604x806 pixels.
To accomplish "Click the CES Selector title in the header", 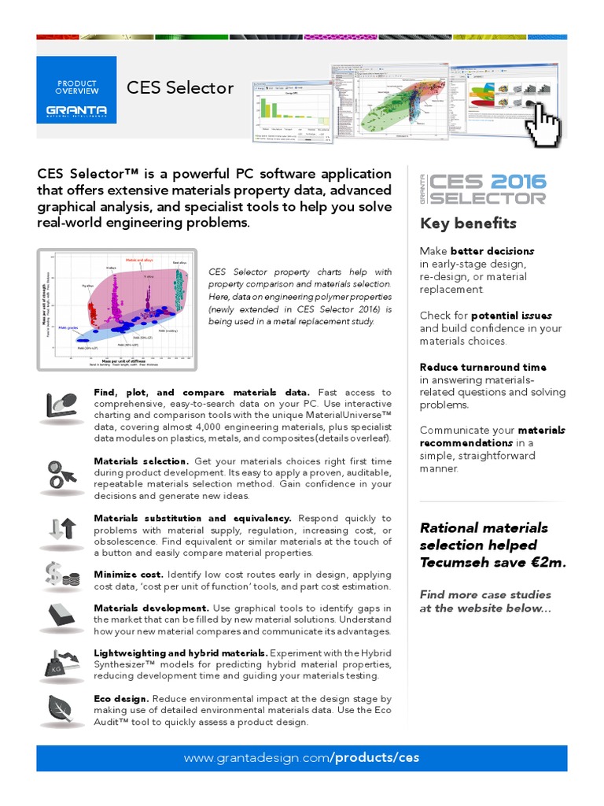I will click(180, 87).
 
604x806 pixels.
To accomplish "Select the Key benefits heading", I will click(468, 224).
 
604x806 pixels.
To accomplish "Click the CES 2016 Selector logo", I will click(484, 190).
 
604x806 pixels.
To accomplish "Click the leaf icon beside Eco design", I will click(62, 708).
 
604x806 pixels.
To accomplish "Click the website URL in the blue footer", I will click(301, 758).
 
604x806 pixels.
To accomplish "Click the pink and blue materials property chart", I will click(116, 309).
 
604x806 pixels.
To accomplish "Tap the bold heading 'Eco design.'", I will click(120, 699).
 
